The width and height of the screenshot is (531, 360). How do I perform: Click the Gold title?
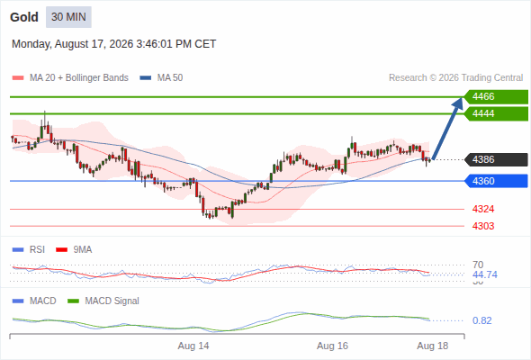click(24, 17)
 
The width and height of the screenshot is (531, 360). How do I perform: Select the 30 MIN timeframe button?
click(68, 17)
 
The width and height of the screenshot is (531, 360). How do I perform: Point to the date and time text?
click(113, 44)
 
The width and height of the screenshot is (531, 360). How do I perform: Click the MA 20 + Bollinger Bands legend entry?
click(70, 78)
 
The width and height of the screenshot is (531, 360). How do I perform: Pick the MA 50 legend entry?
click(161, 78)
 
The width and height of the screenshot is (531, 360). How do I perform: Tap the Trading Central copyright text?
click(455, 78)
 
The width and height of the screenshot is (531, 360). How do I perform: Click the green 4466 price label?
click(496, 97)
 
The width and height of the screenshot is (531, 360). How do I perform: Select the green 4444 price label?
click(496, 113)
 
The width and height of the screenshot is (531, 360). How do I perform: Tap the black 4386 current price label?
click(496, 159)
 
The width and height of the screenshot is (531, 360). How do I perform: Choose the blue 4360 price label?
click(496, 181)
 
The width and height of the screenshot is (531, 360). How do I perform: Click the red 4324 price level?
click(483, 210)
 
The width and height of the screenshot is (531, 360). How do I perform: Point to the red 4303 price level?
click(483, 226)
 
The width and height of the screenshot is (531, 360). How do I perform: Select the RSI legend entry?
click(29, 250)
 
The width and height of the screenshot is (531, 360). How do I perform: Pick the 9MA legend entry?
click(74, 250)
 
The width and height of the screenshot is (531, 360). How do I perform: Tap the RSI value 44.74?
click(485, 274)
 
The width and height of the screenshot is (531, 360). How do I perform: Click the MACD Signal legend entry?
click(103, 301)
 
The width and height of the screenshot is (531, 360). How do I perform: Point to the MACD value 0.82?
click(481, 320)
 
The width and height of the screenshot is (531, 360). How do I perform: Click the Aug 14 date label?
click(193, 346)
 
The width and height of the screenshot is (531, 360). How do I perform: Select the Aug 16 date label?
click(332, 346)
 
